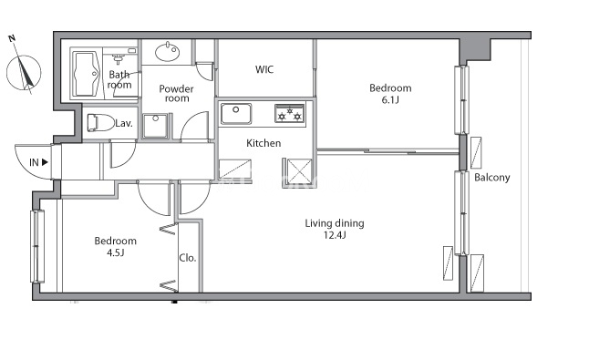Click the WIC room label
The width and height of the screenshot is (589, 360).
coord(264,69)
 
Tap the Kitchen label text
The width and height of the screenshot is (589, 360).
coord(263,143)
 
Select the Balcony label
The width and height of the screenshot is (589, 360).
coord(492,177)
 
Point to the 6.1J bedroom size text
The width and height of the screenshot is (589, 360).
coord(390,100)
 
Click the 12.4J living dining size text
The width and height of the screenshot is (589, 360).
coord(335,235)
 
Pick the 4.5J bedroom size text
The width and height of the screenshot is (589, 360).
coord(115,252)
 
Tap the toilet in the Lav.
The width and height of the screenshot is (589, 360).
coord(100,123)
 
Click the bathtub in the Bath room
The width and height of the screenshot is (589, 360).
coord(86,74)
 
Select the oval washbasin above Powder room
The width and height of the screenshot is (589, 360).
coord(168,52)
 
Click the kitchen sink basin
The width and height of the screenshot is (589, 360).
coord(236,114)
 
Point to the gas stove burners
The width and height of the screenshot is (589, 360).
coord(290,114)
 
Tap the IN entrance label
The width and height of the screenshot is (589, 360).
coord(34,162)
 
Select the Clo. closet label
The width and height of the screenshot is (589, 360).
coord(188,258)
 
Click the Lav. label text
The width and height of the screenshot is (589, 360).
coord(124,123)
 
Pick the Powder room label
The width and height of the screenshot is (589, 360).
coord(177,94)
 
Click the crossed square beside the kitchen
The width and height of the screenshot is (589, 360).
coord(299,171)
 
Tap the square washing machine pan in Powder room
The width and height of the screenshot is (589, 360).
coord(155,126)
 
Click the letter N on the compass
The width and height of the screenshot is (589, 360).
coord(12,38)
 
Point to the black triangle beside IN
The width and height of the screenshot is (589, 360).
coord(45,162)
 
